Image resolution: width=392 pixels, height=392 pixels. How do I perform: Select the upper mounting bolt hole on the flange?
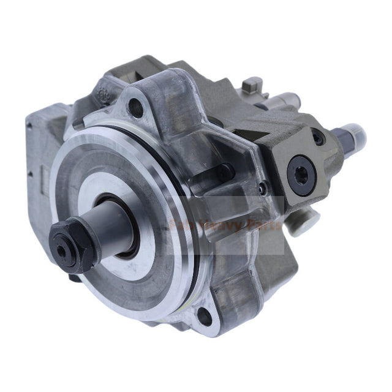coord(138,111)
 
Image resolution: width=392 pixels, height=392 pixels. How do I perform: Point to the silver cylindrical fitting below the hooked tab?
coord(285,102)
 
